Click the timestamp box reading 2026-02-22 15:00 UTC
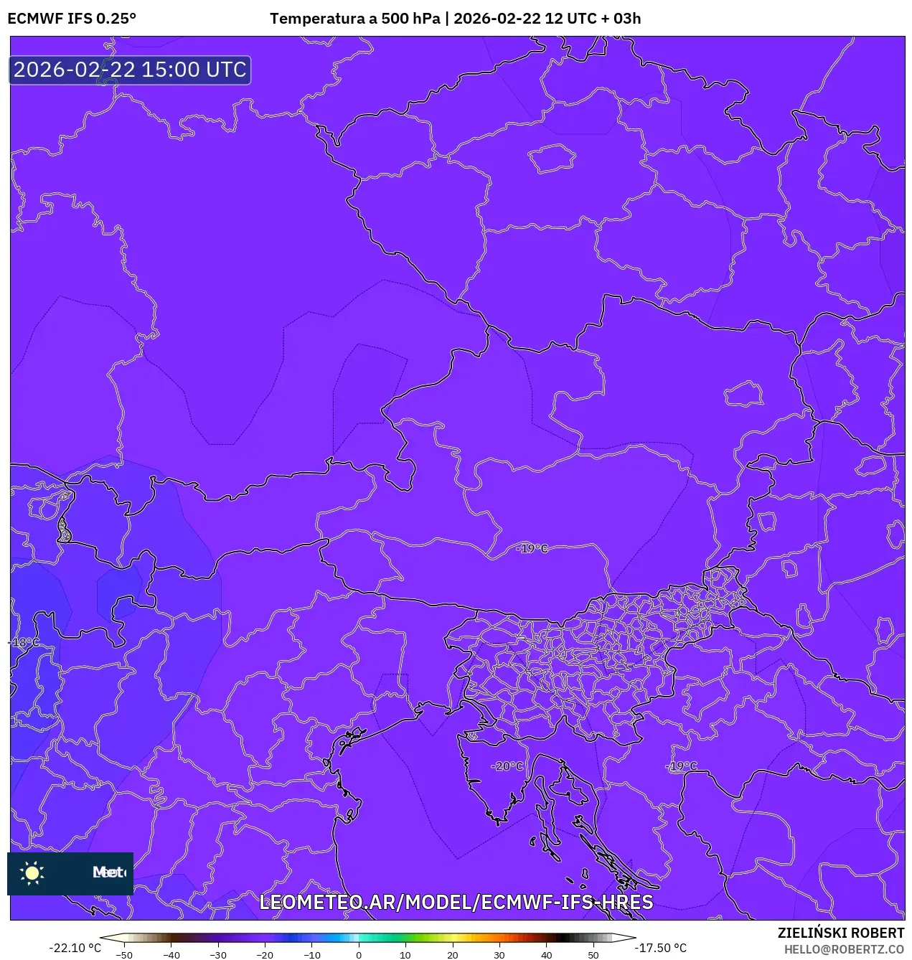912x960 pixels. (130, 70)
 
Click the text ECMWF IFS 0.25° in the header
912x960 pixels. (72, 19)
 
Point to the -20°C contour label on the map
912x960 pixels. (507, 766)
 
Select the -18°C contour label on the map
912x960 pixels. (24, 642)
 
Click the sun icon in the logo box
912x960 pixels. (32, 872)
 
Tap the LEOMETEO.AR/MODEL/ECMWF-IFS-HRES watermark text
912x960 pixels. (456, 902)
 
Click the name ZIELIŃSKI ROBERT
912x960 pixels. (841, 933)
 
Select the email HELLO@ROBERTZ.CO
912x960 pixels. (844, 949)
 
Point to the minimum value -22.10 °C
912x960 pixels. (75, 948)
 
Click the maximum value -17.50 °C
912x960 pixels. (660, 948)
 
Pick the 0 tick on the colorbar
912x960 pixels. (359, 955)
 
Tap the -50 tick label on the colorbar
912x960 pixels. (124, 955)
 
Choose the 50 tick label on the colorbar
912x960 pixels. (593, 955)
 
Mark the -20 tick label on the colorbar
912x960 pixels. (265, 955)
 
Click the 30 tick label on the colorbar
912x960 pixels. (499, 955)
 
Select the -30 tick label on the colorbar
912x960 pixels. (218, 955)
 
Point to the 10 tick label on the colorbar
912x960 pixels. (405, 955)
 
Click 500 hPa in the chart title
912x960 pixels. (410, 19)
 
